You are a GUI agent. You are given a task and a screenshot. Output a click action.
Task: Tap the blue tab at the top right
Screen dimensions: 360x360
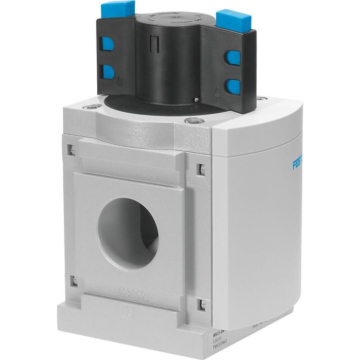(x=233, y=20)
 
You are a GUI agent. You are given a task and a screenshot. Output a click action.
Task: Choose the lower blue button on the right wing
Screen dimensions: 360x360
(x=234, y=85)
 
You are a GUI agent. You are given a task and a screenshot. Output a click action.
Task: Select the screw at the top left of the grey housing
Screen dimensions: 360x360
(x=93, y=107)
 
